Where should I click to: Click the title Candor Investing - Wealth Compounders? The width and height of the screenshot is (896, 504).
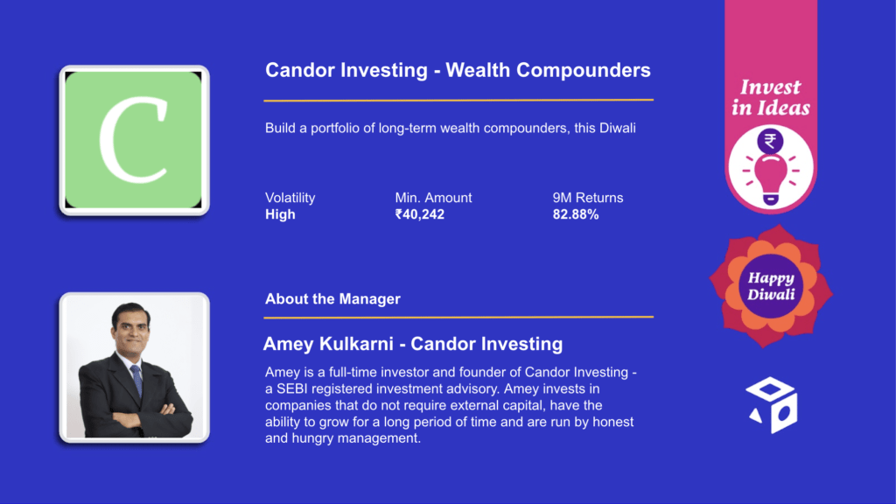pyautogui.click(x=458, y=70)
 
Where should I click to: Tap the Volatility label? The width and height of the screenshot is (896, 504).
pyautogui.click(x=290, y=198)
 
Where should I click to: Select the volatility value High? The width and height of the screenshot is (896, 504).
pyautogui.click(x=280, y=214)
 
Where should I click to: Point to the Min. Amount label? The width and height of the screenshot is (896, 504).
pyautogui.click(x=433, y=198)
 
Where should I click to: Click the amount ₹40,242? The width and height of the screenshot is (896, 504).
pyautogui.click(x=419, y=214)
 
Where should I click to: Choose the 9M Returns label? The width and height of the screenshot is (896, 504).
pyautogui.click(x=587, y=198)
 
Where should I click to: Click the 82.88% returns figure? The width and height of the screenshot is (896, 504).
pyautogui.click(x=576, y=214)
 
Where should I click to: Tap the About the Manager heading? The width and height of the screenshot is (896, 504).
pyautogui.click(x=332, y=299)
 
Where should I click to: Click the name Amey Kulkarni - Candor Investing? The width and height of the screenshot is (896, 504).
pyautogui.click(x=413, y=344)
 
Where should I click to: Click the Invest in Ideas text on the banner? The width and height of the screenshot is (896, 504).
pyautogui.click(x=771, y=98)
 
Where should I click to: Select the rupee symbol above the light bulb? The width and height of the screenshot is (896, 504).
pyautogui.click(x=770, y=141)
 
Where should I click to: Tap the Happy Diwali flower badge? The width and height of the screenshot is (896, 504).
pyautogui.click(x=771, y=286)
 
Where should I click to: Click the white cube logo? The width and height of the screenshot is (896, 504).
pyautogui.click(x=772, y=404)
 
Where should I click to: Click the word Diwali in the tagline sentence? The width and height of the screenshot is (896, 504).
pyautogui.click(x=617, y=128)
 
